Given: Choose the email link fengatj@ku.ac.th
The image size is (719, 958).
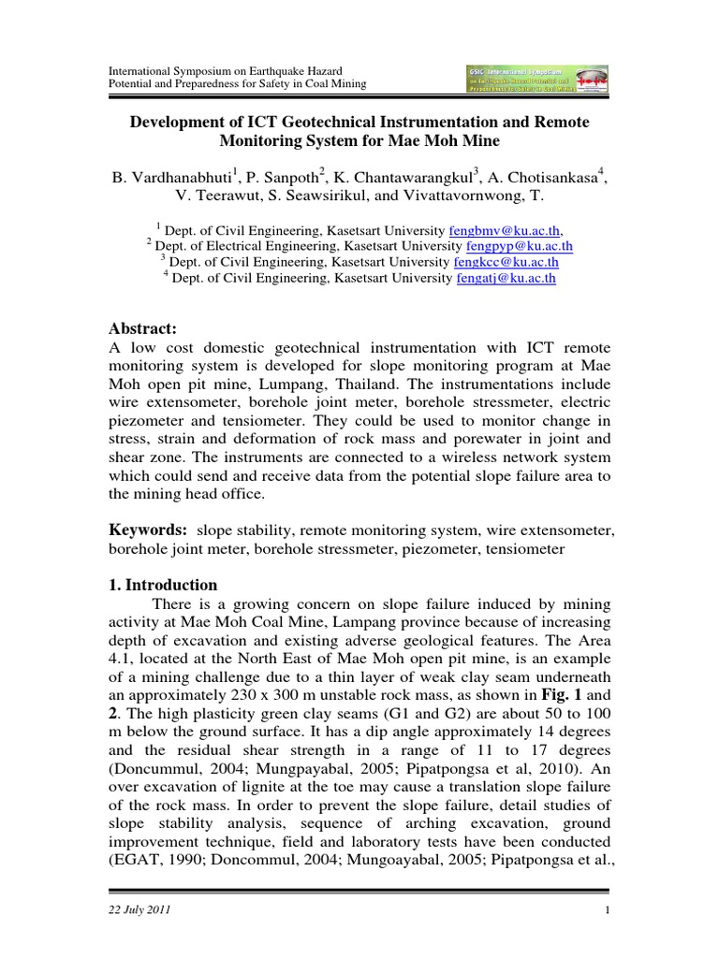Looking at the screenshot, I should tap(506, 278).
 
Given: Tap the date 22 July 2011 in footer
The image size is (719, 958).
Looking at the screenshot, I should tap(140, 910).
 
